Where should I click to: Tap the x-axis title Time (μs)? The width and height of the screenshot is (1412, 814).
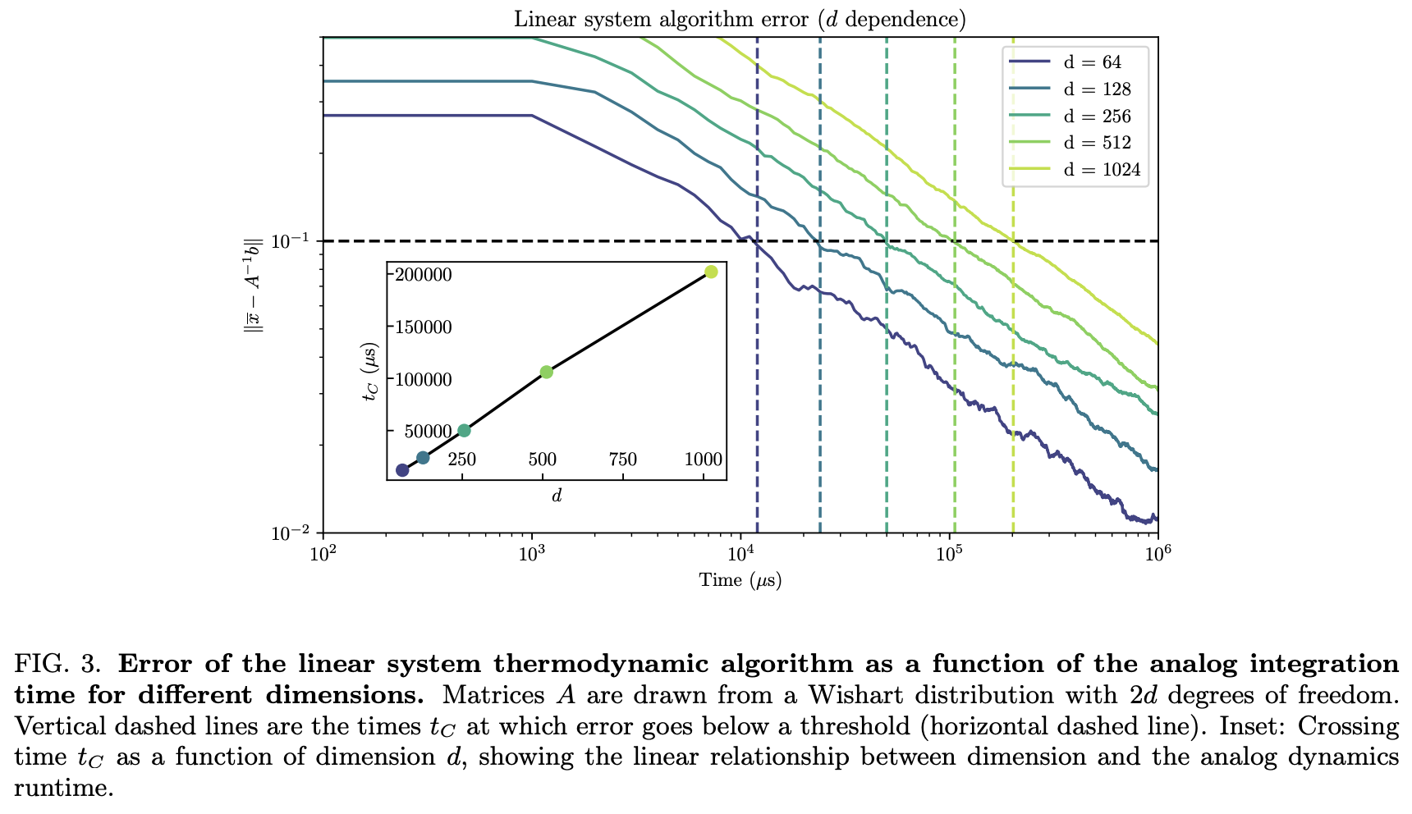click(x=740, y=580)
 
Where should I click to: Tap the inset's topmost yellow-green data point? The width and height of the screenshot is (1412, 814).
click(x=711, y=272)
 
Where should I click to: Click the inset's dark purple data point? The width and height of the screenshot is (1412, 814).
click(x=402, y=470)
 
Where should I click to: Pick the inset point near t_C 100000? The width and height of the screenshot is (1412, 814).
click(x=547, y=372)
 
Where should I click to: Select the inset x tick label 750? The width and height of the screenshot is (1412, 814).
click(x=622, y=460)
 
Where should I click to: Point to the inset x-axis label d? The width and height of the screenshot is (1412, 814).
click(x=556, y=496)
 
